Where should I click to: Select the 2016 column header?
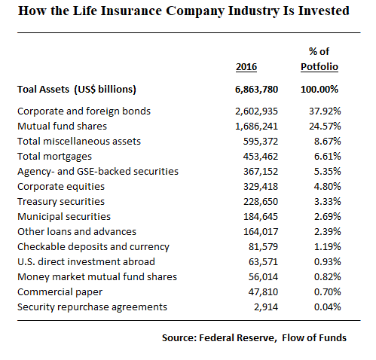[x=246, y=67]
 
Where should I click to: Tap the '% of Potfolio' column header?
[x=319, y=59]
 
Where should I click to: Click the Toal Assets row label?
[x=76, y=90]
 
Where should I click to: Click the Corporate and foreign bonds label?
[x=84, y=111]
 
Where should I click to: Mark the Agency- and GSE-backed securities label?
[x=97, y=171]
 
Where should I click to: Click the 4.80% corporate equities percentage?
[x=329, y=186]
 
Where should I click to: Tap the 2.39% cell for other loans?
[x=329, y=231]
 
